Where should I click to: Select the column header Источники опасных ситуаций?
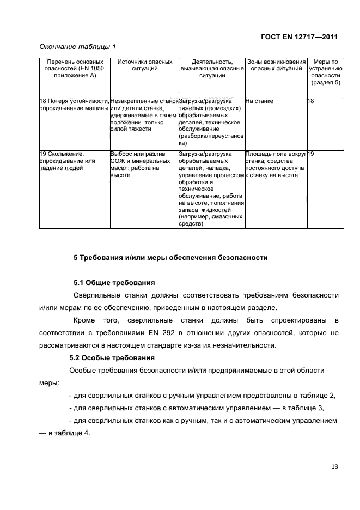tap(145, 65)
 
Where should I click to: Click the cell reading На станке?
tap(259, 101)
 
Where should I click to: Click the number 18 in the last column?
tap(311, 101)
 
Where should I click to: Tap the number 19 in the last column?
tap(311, 154)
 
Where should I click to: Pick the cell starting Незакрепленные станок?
tap(144, 115)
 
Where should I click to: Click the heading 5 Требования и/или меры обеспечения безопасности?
tap(170, 257)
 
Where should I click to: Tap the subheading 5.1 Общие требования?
tap(114, 283)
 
